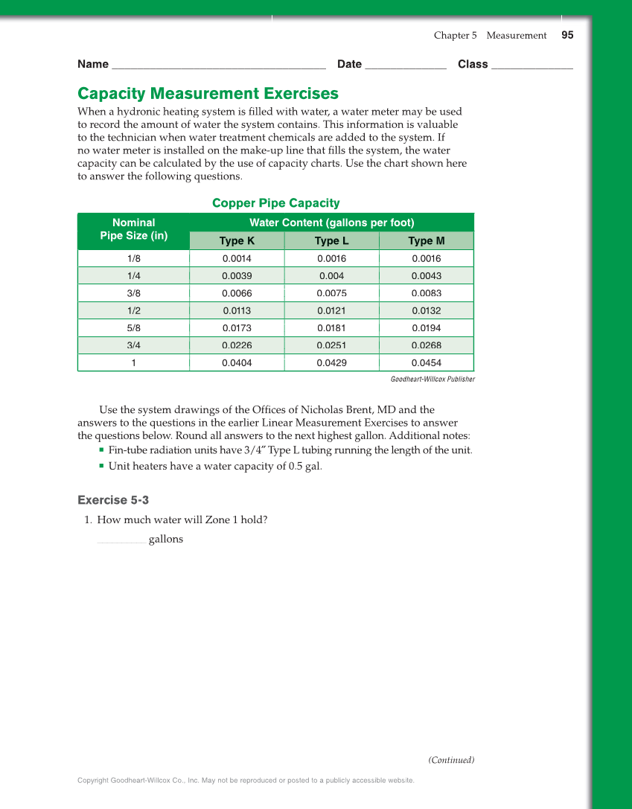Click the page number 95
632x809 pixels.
click(567, 35)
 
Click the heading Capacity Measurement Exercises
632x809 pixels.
click(208, 94)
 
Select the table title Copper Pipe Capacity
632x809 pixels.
click(275, 203)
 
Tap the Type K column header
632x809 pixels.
click(237, 241)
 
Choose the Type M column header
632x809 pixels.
click(426, 241)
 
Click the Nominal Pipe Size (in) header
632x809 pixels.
click(133, 229)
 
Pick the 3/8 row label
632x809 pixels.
click(133, 293)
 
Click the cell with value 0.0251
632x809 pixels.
click(331, 345)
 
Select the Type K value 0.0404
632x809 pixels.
click(237, 363)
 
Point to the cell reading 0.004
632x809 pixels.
click(331, 276)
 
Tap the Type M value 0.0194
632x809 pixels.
click(426, 328)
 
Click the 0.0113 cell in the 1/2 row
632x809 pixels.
click(237, 311)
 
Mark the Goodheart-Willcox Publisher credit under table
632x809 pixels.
click(432, 380)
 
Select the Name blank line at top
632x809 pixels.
click(217, 66)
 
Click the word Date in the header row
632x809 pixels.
click(349, 64)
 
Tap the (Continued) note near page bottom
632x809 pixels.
click(451, 760)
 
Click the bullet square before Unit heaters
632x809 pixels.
click(100, 467)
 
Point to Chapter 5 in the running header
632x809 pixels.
click(455, 36)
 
